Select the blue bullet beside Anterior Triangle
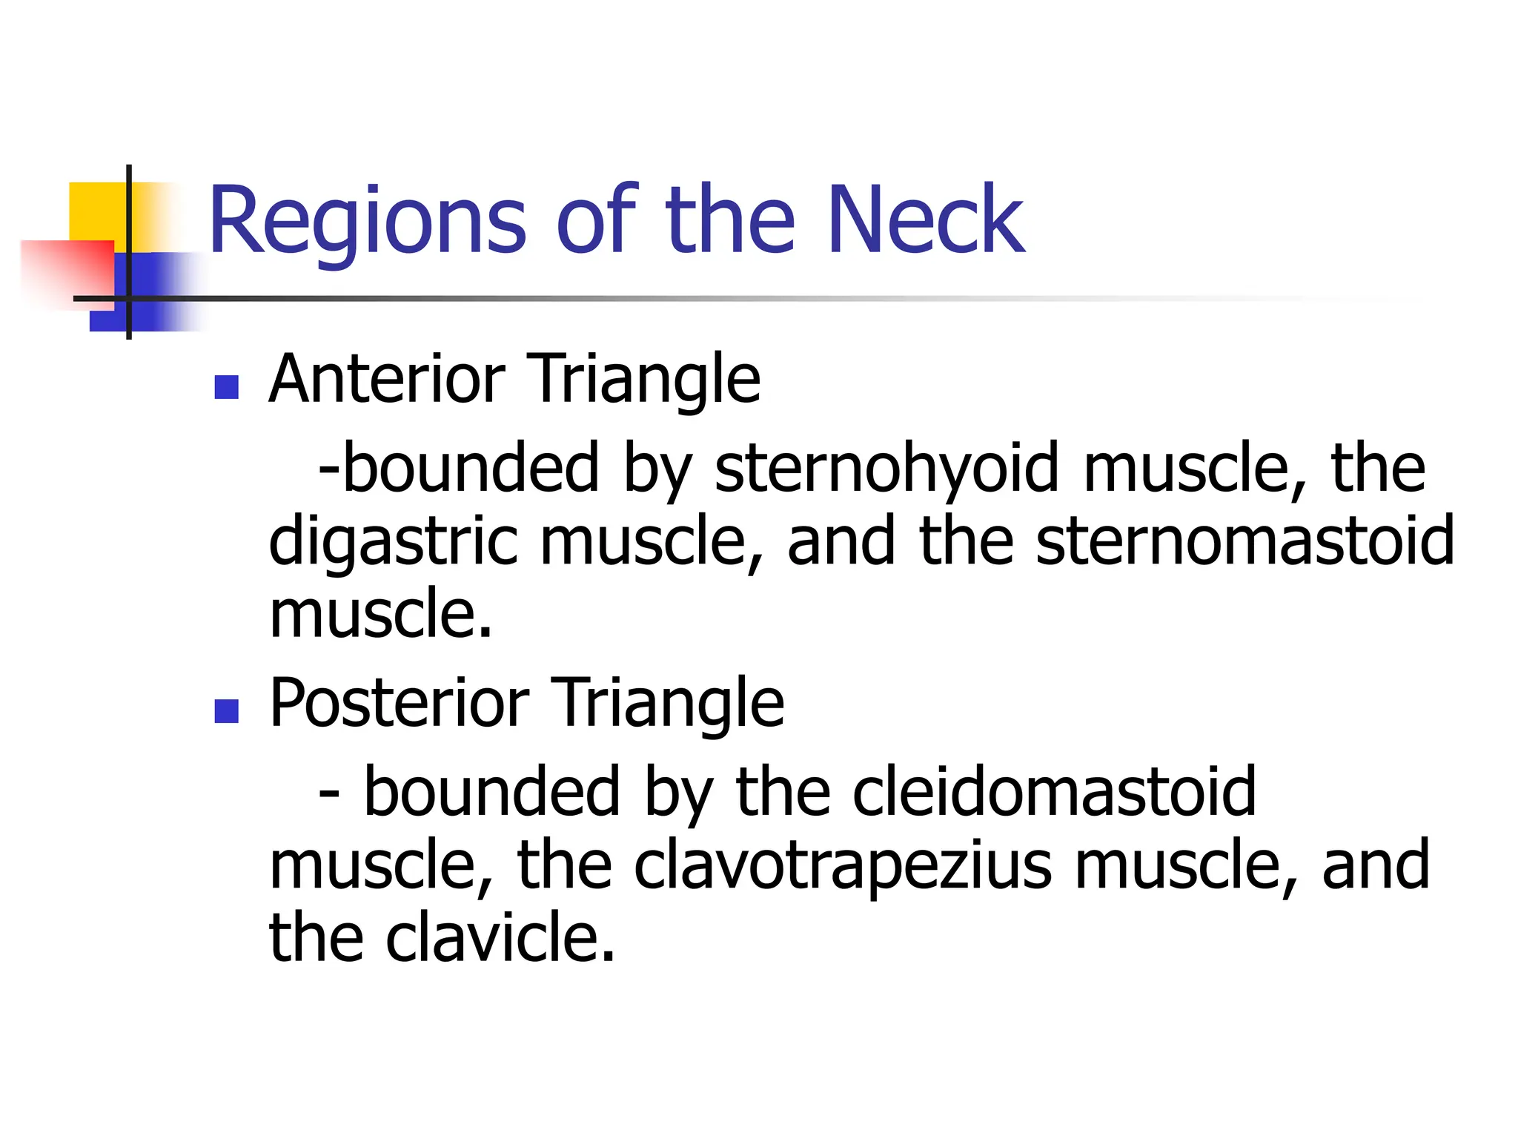point(226,387)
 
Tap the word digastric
point(393,542)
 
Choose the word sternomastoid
point(1244,541)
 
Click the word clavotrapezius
point(842,865)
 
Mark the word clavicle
point(500,937)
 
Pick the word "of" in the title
point(596,220)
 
